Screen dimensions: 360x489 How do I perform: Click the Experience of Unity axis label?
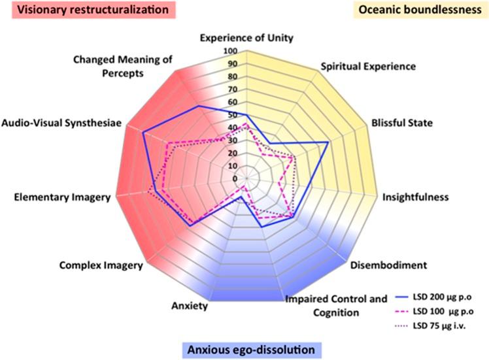247,37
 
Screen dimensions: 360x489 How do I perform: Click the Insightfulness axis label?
415,197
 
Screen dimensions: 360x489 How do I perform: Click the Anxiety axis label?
189,306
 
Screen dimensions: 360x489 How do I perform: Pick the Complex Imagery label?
101,265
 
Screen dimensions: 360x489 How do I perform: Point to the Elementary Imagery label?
61,197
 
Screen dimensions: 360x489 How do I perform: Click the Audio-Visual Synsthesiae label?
62,122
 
